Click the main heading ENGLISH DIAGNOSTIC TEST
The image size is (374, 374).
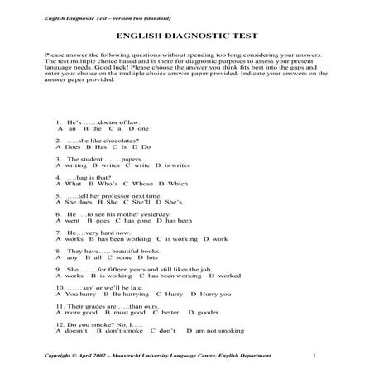(x=187, y=36)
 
